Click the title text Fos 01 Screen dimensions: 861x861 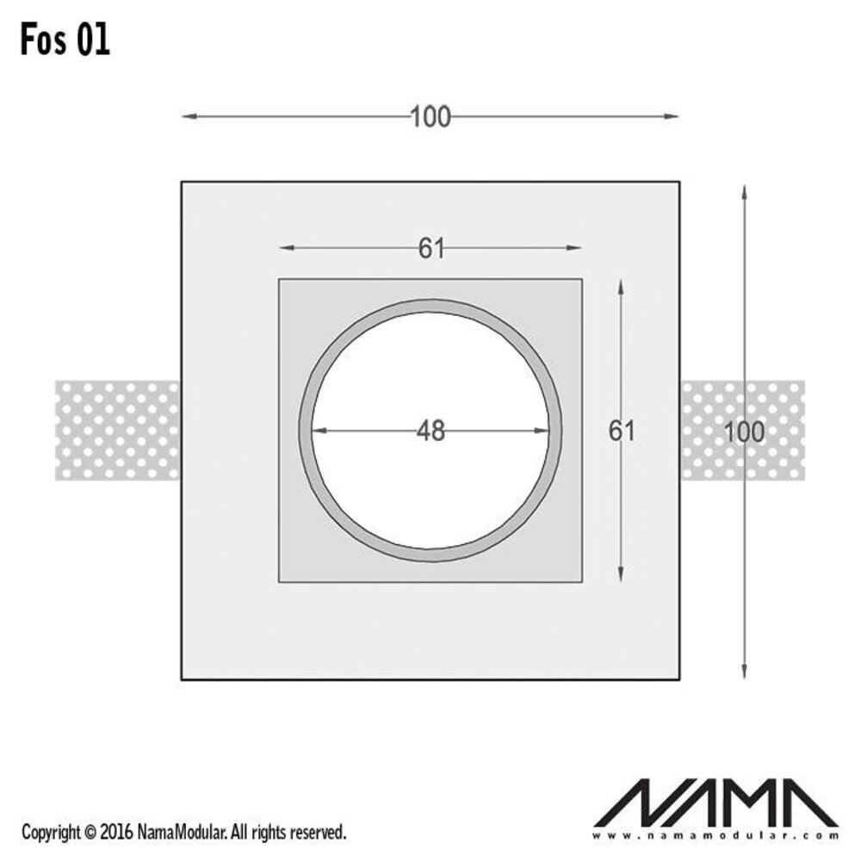(x=65, y=40)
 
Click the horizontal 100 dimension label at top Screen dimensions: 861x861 (x=430, y=116)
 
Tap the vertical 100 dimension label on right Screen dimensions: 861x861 (x=745, y=431)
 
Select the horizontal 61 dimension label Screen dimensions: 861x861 (x=430, y=248)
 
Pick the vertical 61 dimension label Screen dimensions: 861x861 (x=622, y=430)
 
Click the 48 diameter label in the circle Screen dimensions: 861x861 (x=430, y=430)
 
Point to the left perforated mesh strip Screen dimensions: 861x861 (x=117, y=430)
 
